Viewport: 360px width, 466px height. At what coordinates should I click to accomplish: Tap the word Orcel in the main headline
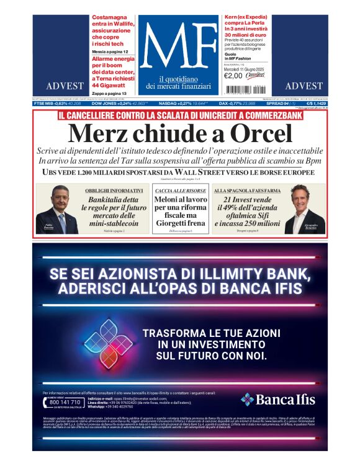tap(261, 134)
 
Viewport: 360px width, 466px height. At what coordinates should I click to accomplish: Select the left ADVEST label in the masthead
tap(60, 86)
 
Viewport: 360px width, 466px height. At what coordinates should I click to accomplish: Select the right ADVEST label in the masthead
tap(304, 86)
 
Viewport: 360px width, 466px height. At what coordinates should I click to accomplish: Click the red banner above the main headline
tap(179, 115)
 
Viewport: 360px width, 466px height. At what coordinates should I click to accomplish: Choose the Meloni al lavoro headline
tap(179, 212)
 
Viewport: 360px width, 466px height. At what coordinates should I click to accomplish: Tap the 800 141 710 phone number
tap(64, 402)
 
